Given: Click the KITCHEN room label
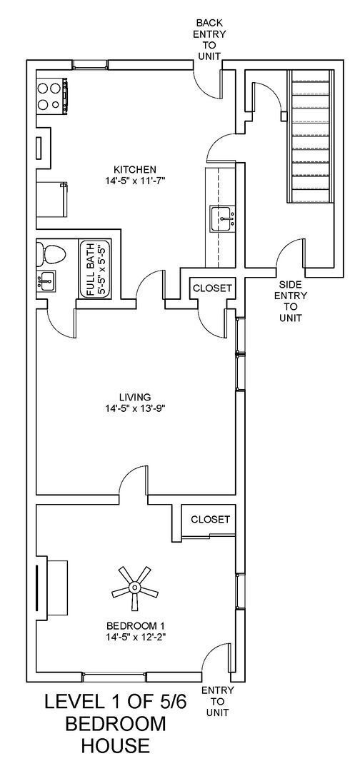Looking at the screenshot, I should click(x=129, y=169).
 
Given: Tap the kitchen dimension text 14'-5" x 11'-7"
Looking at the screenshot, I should click(x=129, y=181).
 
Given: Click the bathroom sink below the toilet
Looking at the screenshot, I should click(x=46, y=281).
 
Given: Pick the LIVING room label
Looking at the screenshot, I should click(x=134, y=397).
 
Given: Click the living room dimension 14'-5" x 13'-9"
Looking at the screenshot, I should click(x=134, y=409).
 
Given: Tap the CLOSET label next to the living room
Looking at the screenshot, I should click(x=212, y=288).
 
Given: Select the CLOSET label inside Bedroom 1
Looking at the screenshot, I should click(x=210, y=519).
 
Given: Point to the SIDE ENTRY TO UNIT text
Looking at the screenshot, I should click(x=291, y=301).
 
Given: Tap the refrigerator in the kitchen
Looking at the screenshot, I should click(x=51, y=198).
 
